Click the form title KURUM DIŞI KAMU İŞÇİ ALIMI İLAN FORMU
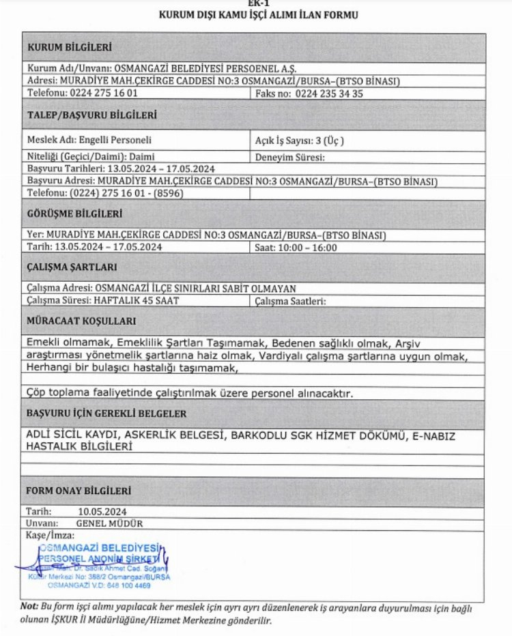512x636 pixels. coord(258,14)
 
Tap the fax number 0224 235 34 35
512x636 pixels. coord(329,93)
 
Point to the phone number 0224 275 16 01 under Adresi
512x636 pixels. coord(102,93)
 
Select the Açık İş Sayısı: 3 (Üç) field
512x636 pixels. coord(299,141)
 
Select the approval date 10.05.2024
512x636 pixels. coord(102,511)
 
